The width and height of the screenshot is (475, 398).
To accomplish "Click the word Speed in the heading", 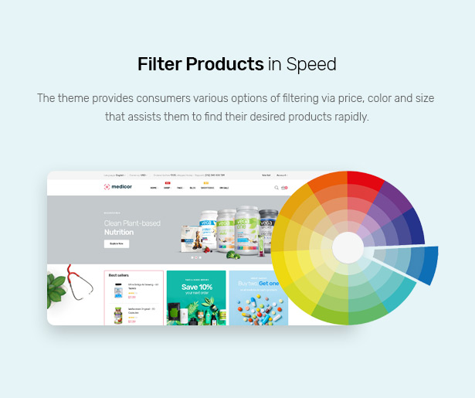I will pyautogui.click(x=311, y=64).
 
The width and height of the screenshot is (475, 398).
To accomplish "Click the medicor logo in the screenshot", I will pyautogui.click(x=118, y=187).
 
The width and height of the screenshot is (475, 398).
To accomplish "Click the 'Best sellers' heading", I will pyautogui.click(x=118, y=275).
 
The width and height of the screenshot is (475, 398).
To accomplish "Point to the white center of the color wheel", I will pyautogui.click(x=348, y=247).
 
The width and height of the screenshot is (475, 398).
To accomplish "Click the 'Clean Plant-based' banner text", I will pyautogui.click(x=132, y=223).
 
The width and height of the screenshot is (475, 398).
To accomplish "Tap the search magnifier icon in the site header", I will pyautogui.click(x=277, y=187).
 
